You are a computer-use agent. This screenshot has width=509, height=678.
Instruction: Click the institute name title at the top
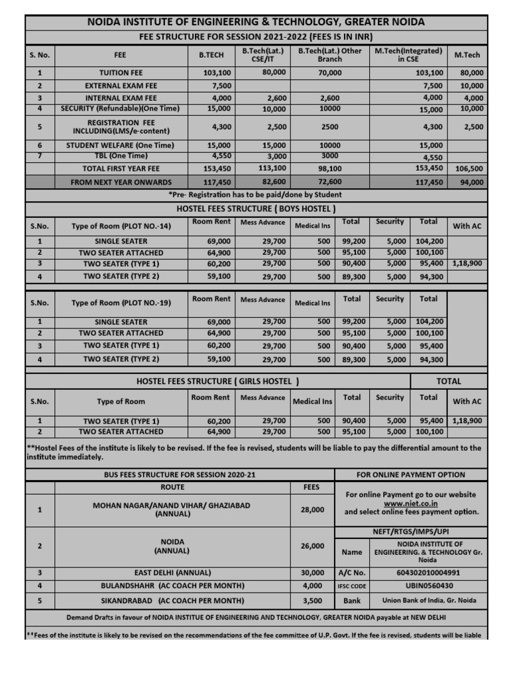click(x=256, y=23)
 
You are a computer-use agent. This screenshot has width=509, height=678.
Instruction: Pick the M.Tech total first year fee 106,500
click(x=469, y=169)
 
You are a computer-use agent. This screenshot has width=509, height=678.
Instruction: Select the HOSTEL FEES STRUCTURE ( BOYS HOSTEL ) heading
click(x=256, y=209)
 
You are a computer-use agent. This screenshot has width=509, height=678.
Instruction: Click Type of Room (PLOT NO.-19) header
click(x=121, y=303)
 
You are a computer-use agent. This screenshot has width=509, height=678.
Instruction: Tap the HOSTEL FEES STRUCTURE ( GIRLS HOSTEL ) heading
click(x=218, y=381)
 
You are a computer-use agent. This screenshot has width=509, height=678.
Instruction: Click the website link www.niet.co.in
click(x=411, y=503)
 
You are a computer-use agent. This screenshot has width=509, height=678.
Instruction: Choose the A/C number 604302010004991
click(x=427, y=573)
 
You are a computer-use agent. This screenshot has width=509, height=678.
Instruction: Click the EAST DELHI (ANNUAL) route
click(x=172, y=573)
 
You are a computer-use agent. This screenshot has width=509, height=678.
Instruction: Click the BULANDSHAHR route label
click(x=172, y=586)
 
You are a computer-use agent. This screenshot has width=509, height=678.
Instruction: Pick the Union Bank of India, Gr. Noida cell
click(x=429, y=601)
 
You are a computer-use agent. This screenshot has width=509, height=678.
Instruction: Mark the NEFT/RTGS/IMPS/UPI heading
click(x=411, y=532)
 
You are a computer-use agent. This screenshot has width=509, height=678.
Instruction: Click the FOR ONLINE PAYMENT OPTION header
click(x=411, y=475)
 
